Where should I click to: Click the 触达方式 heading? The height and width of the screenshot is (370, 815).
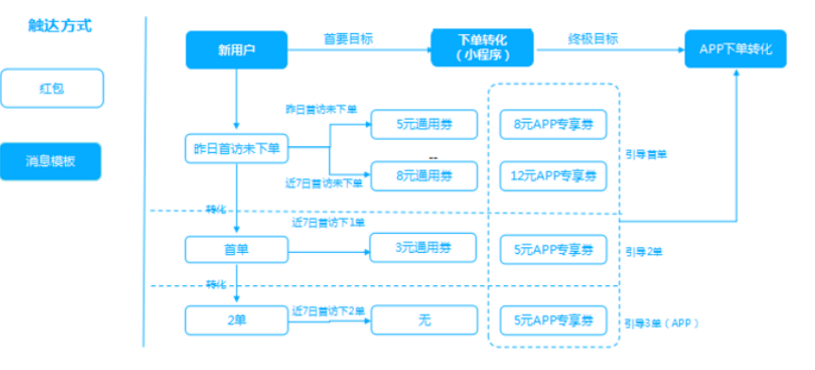pyautogui.click(x=60, y=26)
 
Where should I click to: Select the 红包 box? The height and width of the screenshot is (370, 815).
pyautogui.click(x=52, y=89)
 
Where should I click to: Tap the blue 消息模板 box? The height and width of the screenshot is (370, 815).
pyautogui.click(x=52, y=160)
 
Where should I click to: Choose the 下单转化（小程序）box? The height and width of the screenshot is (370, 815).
pyautogui.click(x=481, y=47)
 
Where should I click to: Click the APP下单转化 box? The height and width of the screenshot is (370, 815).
pyautogui.click(x=736, y=49)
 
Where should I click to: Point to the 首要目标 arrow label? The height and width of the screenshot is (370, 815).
pyautogui.click(x=348, y=39)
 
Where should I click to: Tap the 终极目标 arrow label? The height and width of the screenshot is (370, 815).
pyautogui.click(x=593, y=39)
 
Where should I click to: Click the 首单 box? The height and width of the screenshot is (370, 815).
pyautogui.click(x=236, y=249)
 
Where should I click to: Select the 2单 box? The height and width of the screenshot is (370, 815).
pyautogui.click(x=236, y=320)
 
